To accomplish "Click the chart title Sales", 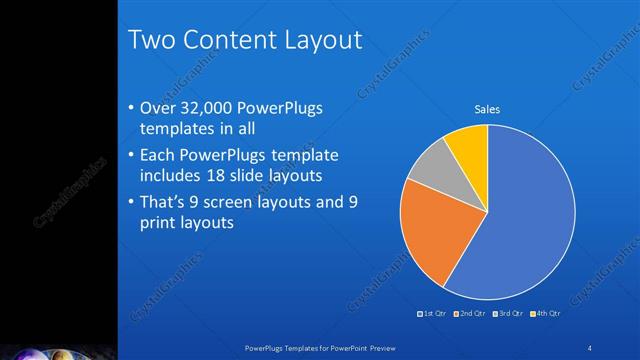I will [487, 109].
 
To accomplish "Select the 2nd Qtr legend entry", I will [471, 315].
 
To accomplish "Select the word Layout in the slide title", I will [321, 41].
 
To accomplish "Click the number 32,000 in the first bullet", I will [209, 107].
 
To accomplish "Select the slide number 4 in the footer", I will [590, 347].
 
